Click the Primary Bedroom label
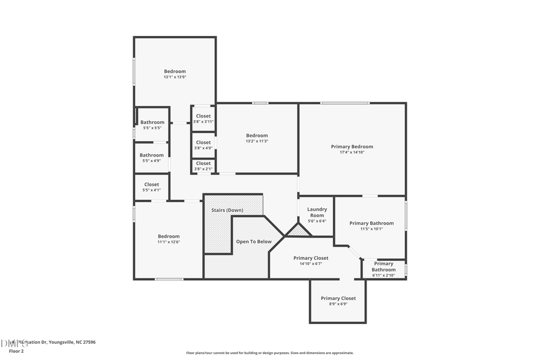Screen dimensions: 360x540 click(352, 146)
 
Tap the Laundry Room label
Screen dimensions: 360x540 click(317, 212)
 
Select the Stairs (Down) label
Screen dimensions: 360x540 click(227, 210)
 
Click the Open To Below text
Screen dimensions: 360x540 click(253, 242)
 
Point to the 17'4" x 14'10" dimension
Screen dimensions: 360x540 click(352, 152)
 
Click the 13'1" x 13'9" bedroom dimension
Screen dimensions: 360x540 click(175, 77)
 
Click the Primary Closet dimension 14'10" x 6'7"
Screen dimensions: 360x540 click(311, 263)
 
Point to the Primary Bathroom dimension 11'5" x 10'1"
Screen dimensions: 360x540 click(371, 229)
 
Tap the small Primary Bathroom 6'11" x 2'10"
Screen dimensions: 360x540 click(383, 275)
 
